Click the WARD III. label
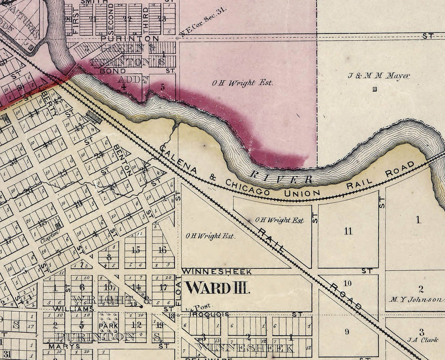pyautogui.click(x=217, y=287)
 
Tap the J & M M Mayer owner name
pyautogui.click(x=379, y=76)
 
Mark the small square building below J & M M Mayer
pyautogui.click(x=374, y=89)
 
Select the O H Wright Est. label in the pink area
pyautogui.click(x=243, y=83)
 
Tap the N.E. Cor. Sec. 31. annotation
pyautogui.click(x=204, y=22)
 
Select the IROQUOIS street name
pyautogui.click(x=209, y=314)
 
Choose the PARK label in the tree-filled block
pyautogui.click(x=108, y=326)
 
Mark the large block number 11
pyautogui.click(x=348, y=231)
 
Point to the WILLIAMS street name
pyautogui.click(x=73, y=309)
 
